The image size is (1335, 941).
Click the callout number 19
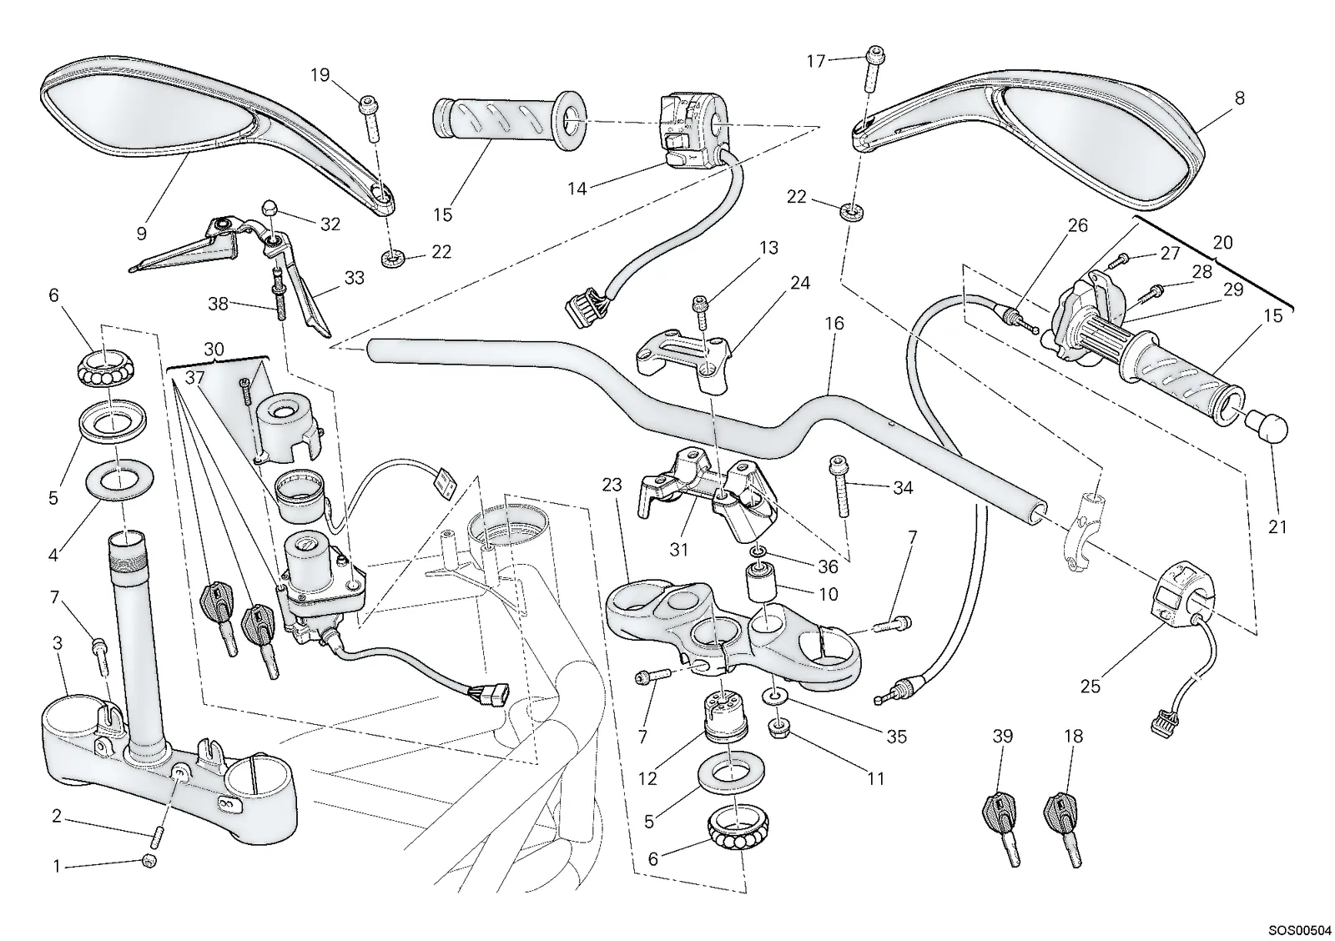tap(320, 75)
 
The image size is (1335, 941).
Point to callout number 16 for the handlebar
tap(834, 324)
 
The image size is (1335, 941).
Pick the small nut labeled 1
tap(150, 861)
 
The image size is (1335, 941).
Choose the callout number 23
tap(612, 486)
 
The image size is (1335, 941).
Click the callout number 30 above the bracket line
tap(214, 350)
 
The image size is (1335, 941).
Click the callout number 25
tap(1090, 687)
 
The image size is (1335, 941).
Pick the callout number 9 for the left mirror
tap(141, 233)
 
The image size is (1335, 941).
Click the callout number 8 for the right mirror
tap(1240, 98)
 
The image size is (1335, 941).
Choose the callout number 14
tap(577, 189)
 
